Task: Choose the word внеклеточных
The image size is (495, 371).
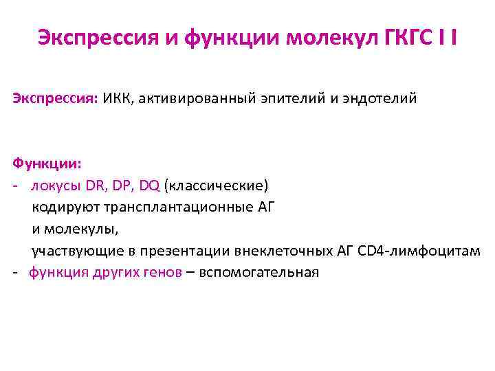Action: point(278,251)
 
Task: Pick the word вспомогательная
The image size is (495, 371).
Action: point(259,272)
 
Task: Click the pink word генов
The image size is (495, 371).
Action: point(162,272)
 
